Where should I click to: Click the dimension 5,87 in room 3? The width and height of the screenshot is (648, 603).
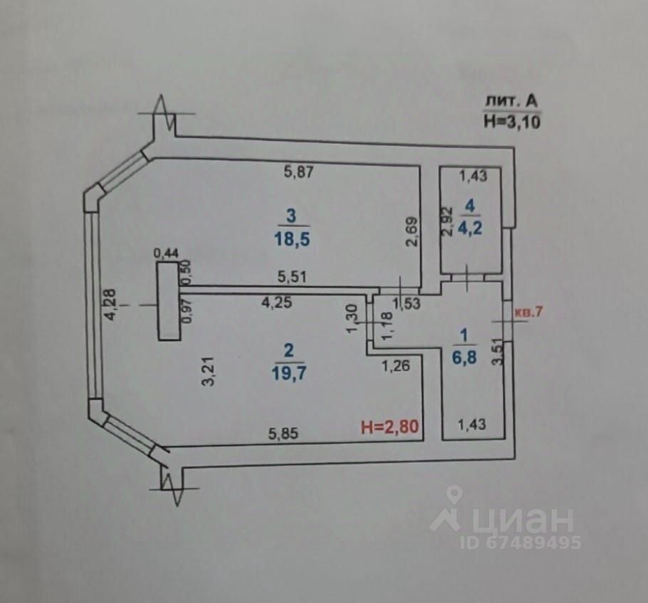299,171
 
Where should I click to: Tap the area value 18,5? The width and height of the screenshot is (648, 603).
288,238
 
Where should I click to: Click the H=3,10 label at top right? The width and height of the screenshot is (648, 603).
511,122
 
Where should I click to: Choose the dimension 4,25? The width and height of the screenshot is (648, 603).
276,302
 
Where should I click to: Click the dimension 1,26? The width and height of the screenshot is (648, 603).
396,367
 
